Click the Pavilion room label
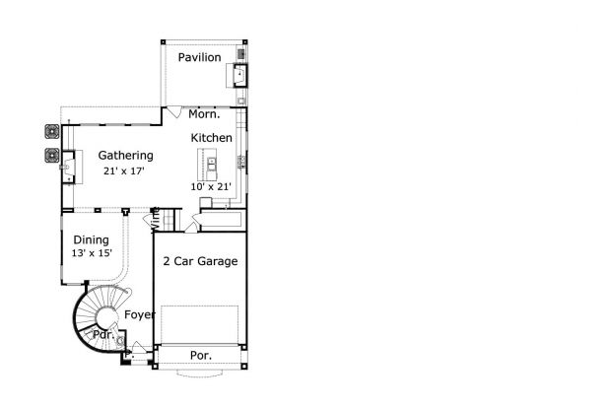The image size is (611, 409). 199,57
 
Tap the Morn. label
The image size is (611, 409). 204,114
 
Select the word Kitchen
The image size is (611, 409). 211,138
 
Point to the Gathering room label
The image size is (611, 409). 125,156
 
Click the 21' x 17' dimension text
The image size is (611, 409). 124,171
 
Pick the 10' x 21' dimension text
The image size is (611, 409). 211,186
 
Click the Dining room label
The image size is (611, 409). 92,239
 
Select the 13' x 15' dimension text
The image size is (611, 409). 92,253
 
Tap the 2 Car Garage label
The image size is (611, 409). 200,261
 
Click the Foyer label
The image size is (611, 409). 140,314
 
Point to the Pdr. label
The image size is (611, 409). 103,334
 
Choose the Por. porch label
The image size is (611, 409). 201,355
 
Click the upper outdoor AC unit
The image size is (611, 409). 52,132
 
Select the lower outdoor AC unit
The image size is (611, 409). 52,156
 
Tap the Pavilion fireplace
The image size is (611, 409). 238,75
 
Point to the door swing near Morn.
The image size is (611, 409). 173,111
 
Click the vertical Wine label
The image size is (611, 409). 155,219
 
